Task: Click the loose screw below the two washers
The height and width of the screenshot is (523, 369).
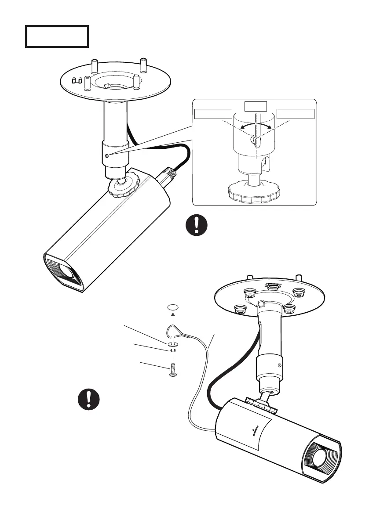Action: click(172, 372)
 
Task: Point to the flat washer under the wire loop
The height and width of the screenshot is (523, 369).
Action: click(173, 344)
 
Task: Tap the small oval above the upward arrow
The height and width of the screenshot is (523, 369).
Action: click(173, 307)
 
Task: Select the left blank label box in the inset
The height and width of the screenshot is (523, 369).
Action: click(213, 114)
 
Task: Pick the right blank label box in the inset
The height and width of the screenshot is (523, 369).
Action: click(296, 114)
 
